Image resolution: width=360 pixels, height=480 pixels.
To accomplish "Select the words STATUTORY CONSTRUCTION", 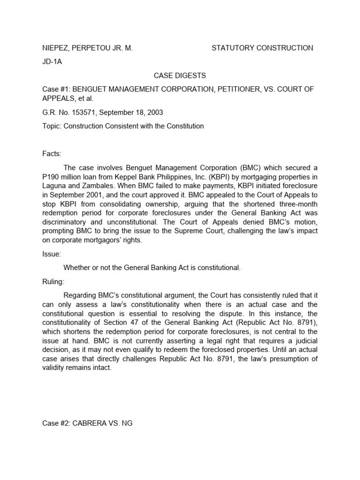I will coord(262,48).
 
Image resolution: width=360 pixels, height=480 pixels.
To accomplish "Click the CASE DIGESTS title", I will coord(180,75).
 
